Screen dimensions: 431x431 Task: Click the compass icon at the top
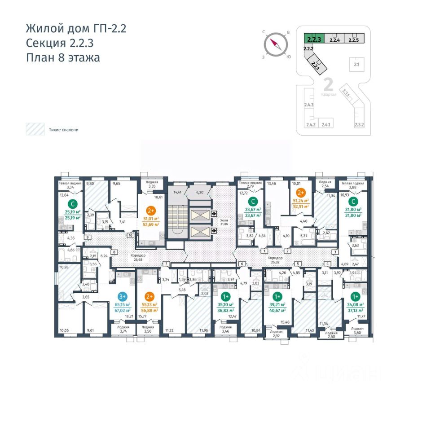coord(275,44)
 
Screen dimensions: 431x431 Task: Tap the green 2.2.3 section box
coord(313,39)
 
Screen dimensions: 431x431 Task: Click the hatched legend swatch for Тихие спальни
coord(34,129)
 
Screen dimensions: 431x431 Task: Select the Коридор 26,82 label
coord(274,260)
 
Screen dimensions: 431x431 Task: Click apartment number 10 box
coord(130,235)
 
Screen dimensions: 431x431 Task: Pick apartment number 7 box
coord(166,263)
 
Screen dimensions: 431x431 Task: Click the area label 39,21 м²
coord(277,305)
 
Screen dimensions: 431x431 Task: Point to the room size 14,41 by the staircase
coord(177,193)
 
